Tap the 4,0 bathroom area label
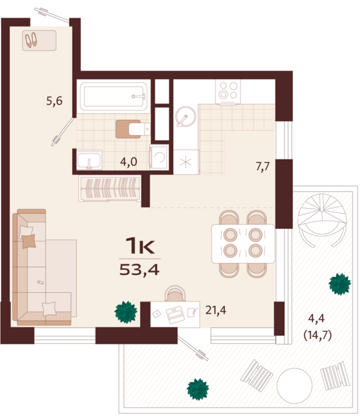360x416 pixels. point(129,162)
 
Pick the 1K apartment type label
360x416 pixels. point(140,245)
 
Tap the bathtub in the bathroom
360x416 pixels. point(114,96)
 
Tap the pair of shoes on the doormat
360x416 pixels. point(32,40)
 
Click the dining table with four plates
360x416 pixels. point(243,243)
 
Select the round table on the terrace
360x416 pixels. point(295,382)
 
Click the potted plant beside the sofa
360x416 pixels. point(126,312)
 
